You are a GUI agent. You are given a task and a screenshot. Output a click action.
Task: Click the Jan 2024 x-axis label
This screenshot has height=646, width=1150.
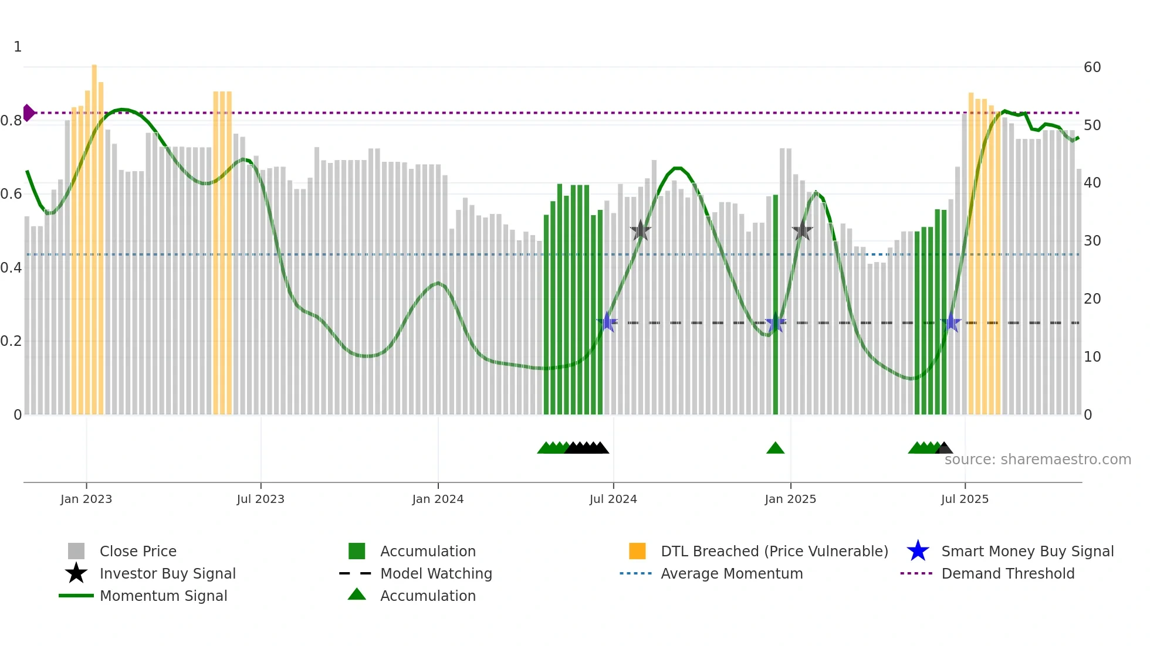pos(438,499)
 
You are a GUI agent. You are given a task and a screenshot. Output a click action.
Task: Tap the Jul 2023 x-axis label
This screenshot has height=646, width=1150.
pos(261,499)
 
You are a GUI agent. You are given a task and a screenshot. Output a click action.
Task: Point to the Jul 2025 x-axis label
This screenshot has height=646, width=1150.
pos(965,499)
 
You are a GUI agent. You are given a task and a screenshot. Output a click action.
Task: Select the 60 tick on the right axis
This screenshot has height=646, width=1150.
pos(1092,67)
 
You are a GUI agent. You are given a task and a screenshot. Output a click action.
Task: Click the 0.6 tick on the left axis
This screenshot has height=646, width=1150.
pos(11,194)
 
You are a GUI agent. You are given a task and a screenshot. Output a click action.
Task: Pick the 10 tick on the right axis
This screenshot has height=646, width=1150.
pos(1092,357)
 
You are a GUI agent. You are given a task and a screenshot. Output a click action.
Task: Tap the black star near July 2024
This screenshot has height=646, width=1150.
pos(640,231)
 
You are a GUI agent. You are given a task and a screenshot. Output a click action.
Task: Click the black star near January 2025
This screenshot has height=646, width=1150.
pos(802,231)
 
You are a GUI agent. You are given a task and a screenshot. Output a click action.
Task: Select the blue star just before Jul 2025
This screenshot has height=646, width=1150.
pos(951,323)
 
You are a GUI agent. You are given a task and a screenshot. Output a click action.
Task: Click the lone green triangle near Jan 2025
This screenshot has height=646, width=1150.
pos(775,448)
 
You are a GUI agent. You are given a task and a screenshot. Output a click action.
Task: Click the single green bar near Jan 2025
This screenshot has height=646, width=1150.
pos(775,305)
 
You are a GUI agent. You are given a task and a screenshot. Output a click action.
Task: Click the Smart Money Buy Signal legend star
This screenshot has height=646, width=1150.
pos(918,551)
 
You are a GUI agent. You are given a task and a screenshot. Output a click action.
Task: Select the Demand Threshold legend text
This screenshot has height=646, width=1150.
pos(1007,573)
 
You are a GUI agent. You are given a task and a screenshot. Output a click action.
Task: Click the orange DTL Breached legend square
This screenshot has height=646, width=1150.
pos(637,551)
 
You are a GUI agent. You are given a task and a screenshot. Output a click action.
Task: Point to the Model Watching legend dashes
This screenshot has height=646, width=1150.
pos(355,573)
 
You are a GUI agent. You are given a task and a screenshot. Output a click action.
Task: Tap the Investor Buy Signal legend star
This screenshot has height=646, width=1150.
pos(76,573)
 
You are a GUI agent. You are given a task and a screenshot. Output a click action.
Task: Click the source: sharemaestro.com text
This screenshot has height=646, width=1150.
pos(1037,460)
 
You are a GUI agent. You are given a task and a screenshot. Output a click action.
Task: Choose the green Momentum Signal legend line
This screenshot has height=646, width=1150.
pos(76,596)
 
